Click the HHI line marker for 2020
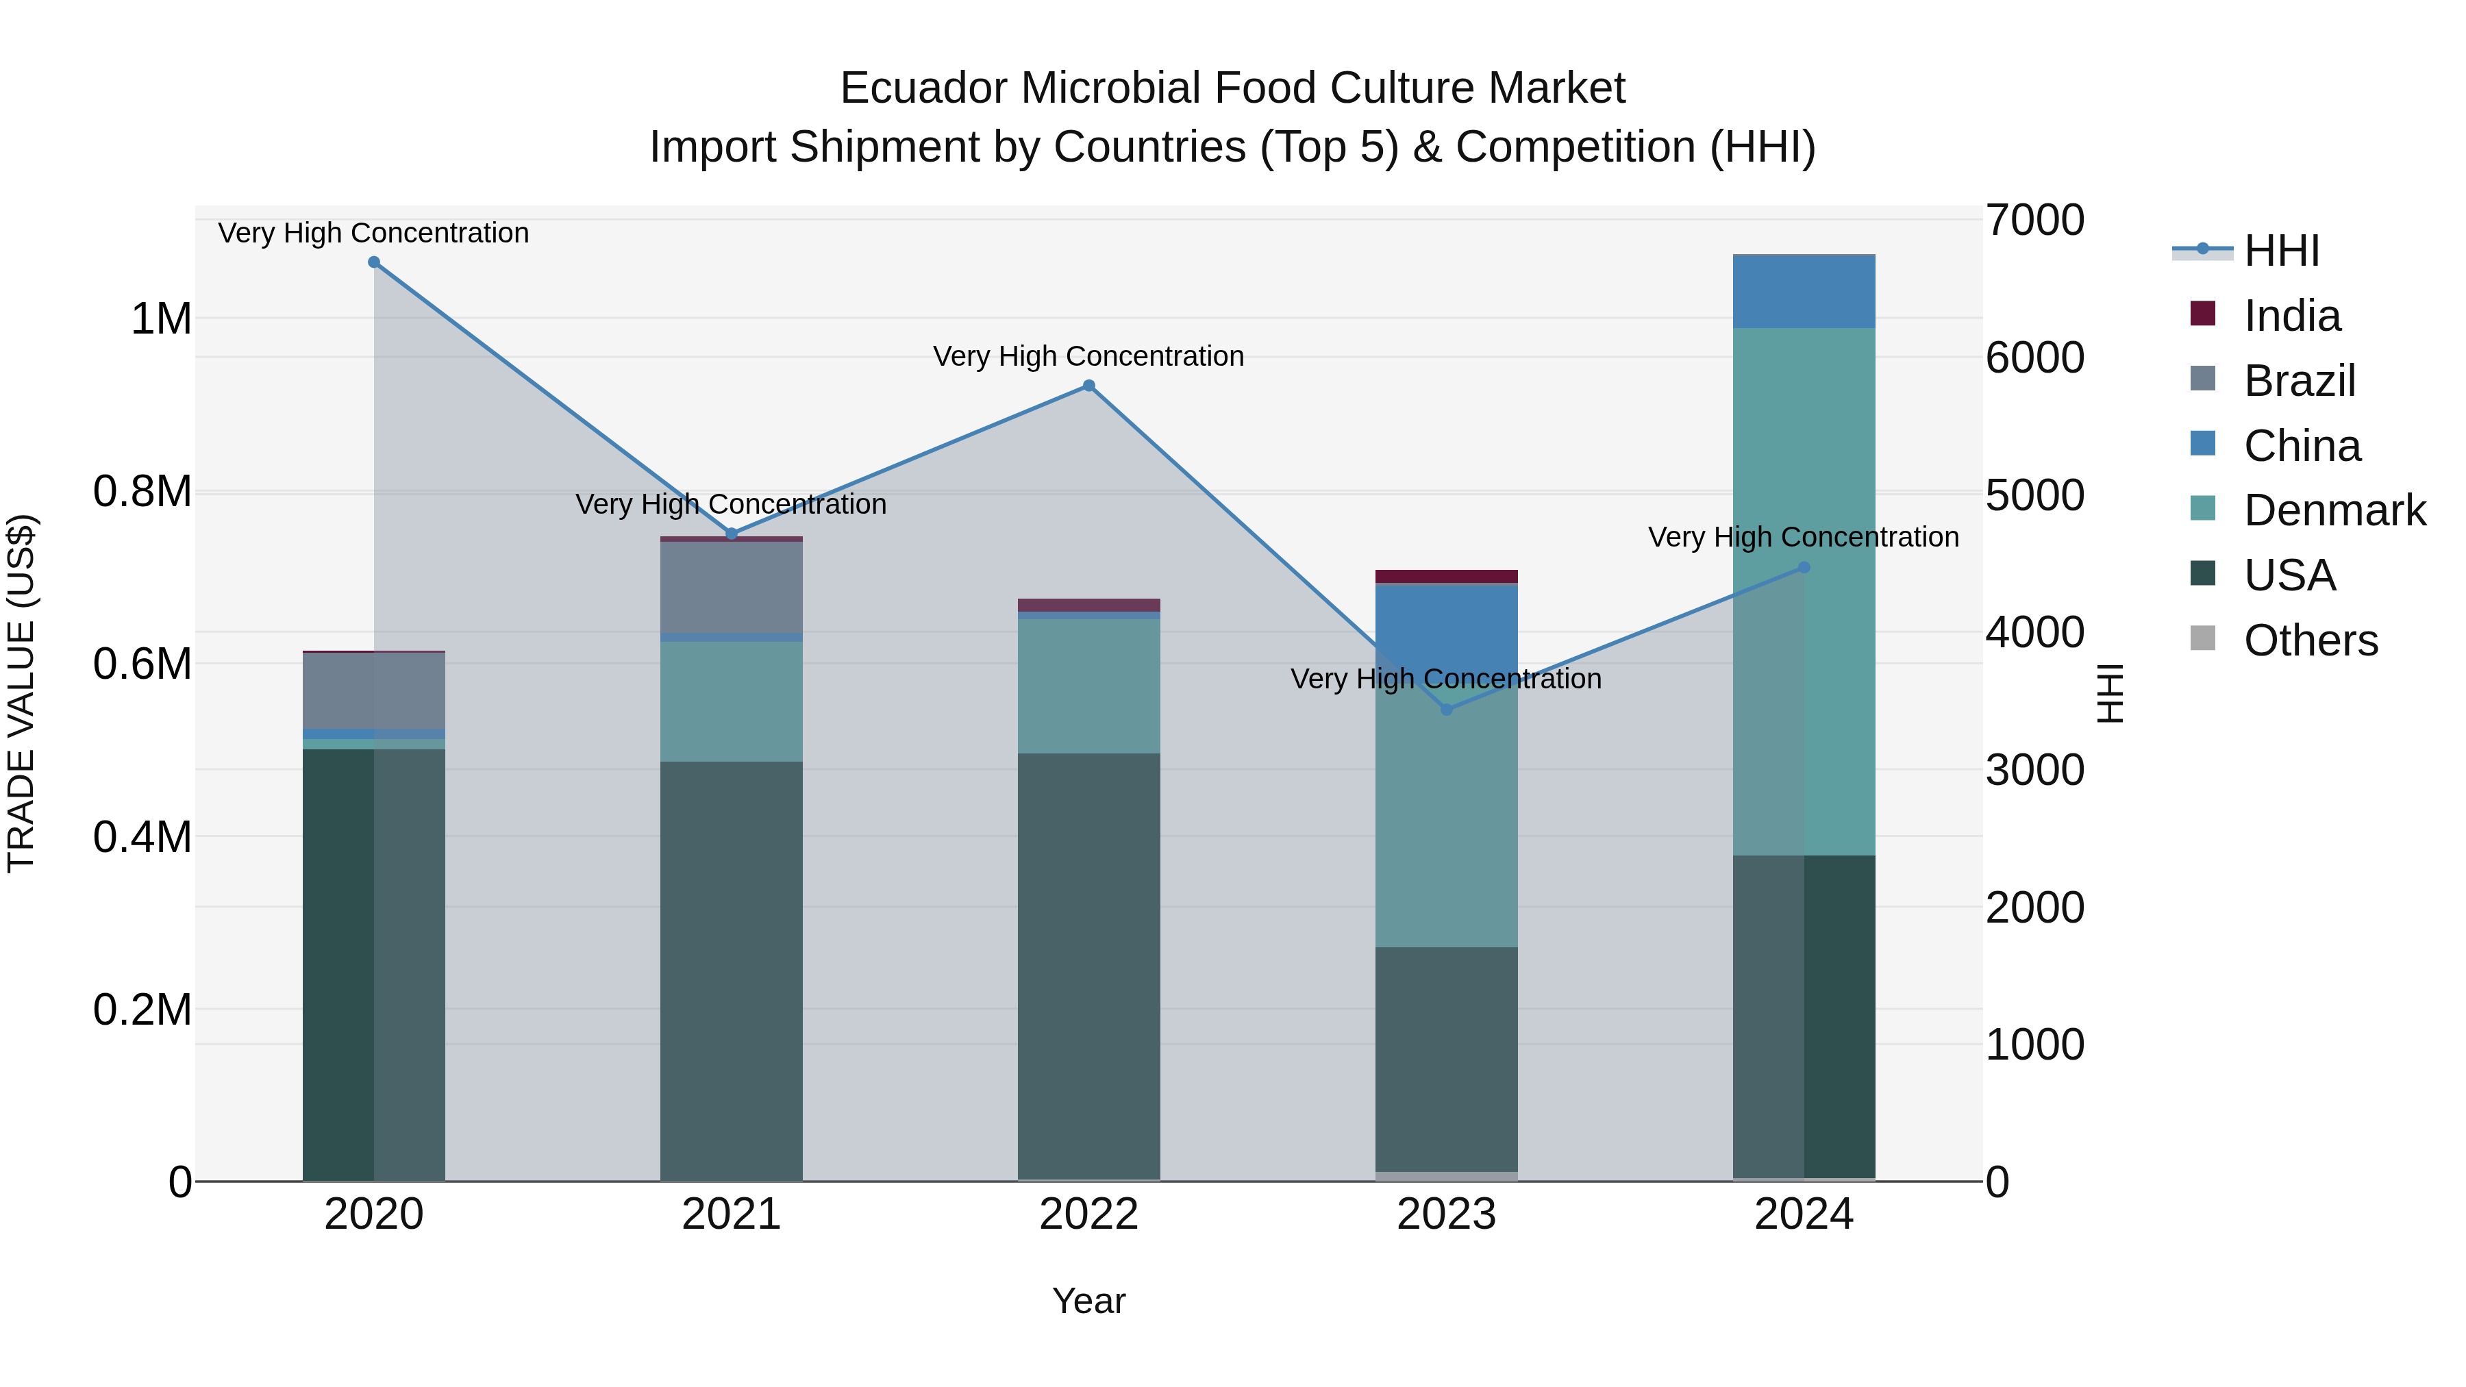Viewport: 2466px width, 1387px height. tap(374, 262)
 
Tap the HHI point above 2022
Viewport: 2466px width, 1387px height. tap(1088, 386)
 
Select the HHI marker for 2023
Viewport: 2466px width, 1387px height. tap(1447, 710)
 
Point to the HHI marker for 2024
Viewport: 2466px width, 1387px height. tap(1804, 568)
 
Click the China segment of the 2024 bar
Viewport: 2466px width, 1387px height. tap(1804, 292)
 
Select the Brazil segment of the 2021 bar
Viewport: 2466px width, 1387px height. tap(732, 587)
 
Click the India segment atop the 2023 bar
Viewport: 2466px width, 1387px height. tap(1447, 576)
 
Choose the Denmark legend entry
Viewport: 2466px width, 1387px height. tap(2334, 510)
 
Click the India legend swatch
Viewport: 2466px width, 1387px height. tap(2203, 314)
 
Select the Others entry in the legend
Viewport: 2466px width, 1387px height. tap(2310, 640)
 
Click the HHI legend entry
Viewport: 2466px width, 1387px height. tap(2281, 251)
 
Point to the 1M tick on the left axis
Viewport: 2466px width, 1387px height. tap(161, 318)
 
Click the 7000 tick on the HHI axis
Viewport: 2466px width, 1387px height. tap(2034, 220)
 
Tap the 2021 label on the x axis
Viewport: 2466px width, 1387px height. tap(732, 1214)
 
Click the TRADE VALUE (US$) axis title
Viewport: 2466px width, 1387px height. tap(21, 693)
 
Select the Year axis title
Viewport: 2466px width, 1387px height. tap(1088, 1301)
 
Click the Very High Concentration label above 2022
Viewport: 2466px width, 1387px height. tap(1088, 356)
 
